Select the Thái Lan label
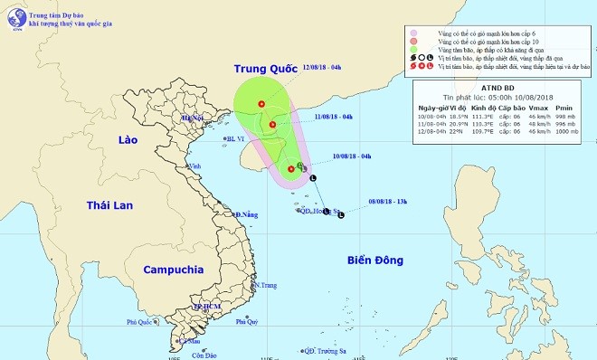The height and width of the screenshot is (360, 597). [x=109, y=205]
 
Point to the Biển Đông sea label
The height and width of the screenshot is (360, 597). [x=374, y=261]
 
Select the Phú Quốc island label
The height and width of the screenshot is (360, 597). [x=143, y=321]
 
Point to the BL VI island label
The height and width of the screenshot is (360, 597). [x=236, y=138]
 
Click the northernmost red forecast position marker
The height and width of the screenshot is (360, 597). [x=262, y=104]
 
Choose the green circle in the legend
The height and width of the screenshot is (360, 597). [x=412, y=52]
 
